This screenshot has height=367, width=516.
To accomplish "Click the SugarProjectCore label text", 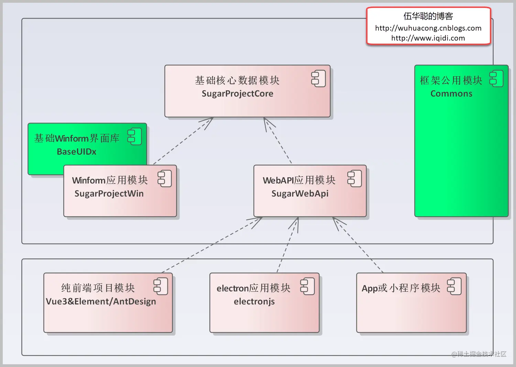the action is click(238, 94).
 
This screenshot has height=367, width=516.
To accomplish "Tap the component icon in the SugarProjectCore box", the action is click(318, 79).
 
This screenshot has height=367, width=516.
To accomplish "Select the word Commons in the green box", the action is click(451, 93).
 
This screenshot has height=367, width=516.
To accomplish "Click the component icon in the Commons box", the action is click(496, 78).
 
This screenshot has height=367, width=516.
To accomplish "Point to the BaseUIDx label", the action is click(76, 152).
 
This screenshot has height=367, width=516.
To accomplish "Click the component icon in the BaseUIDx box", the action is click(134, 136).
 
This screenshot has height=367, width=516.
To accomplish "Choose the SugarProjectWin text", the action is click(109, 193).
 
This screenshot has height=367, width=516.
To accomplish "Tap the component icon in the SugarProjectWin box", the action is click(165, 178).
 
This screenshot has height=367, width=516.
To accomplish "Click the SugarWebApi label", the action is click(300, 193).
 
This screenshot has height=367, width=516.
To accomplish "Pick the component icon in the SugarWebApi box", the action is click(355, 178).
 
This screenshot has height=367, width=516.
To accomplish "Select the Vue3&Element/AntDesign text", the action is click(101, 301).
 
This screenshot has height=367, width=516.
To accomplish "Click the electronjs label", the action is click(254, 302).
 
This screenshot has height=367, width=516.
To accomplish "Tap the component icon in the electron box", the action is click(308, 286).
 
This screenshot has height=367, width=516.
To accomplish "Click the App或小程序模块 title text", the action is click(401, 288).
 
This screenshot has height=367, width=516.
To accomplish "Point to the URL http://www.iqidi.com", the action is click(428, 38).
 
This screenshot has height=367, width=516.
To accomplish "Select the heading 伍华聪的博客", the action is click(428, 16).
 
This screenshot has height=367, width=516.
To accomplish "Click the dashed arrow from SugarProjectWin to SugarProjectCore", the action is click(183, 141).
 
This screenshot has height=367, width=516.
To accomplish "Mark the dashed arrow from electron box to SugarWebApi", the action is click(288, 245).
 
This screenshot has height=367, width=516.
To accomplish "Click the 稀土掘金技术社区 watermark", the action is click(479, 354).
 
